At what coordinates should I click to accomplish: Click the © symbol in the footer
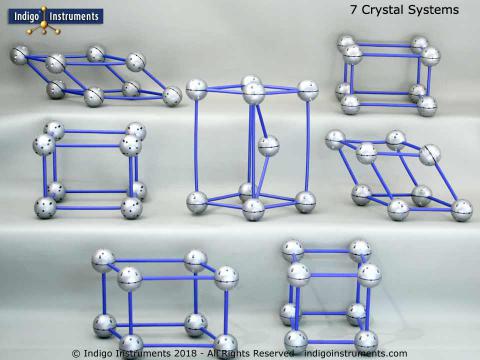pyautogui.click(x=76, y=353)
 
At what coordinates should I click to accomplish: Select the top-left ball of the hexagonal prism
pyautogui.click(x=197, y=88)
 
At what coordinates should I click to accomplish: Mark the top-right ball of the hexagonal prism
pyautogui.click(x=305, y=88)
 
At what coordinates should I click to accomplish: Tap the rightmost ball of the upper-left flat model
pyautogui.click(x=172, y=96)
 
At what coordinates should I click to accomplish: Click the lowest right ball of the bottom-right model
pyautogui.click(x=366, y=340)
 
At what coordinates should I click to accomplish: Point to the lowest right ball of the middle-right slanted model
pyautogui.click(x=461, y=210)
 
